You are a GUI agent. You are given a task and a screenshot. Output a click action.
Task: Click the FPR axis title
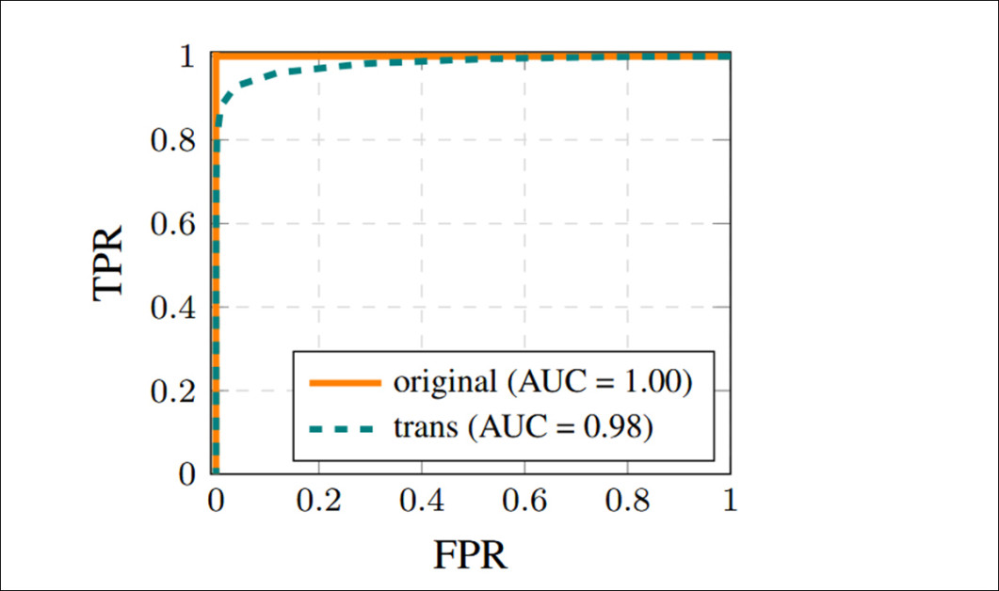point(470,554)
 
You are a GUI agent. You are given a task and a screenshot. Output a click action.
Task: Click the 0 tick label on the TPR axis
point(186,474)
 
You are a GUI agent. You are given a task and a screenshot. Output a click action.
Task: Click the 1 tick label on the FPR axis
point(730,500)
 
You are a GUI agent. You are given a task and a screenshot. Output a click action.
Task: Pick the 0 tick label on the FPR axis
point(216,500)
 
